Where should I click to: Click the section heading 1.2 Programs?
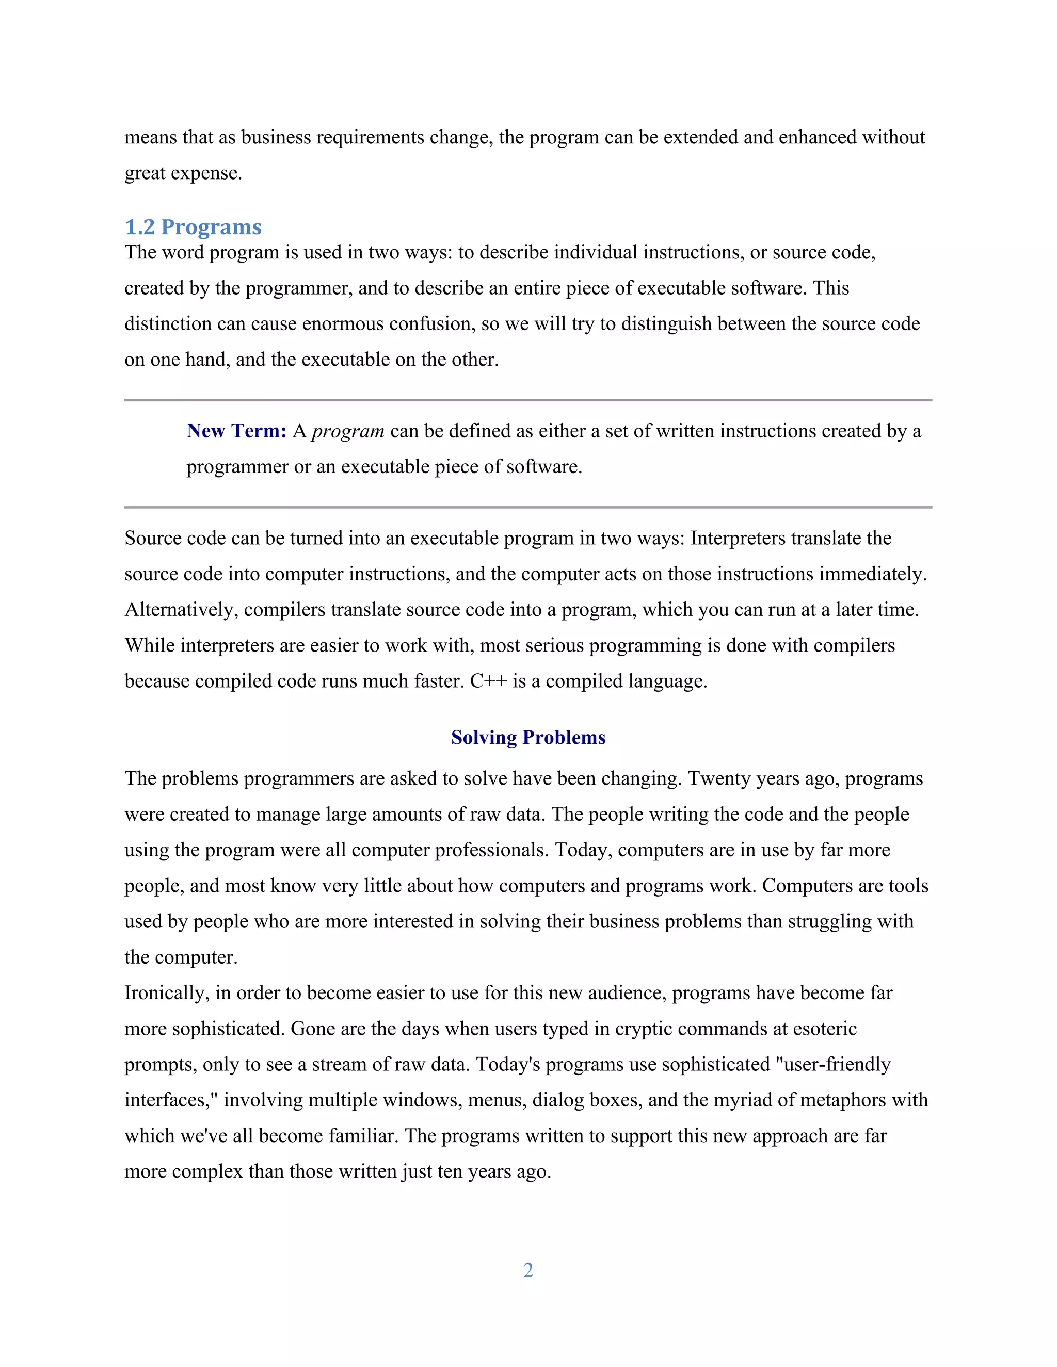coord(193,226)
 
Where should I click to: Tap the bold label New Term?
coord(236,431)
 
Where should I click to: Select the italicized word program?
coord(347,431)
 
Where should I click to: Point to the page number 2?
coord(528,1270)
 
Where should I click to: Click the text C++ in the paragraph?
coord(488,681)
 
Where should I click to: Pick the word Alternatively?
coord(181,610)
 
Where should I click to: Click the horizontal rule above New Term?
coord(528,399)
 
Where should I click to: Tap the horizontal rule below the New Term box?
coord(528,507)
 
